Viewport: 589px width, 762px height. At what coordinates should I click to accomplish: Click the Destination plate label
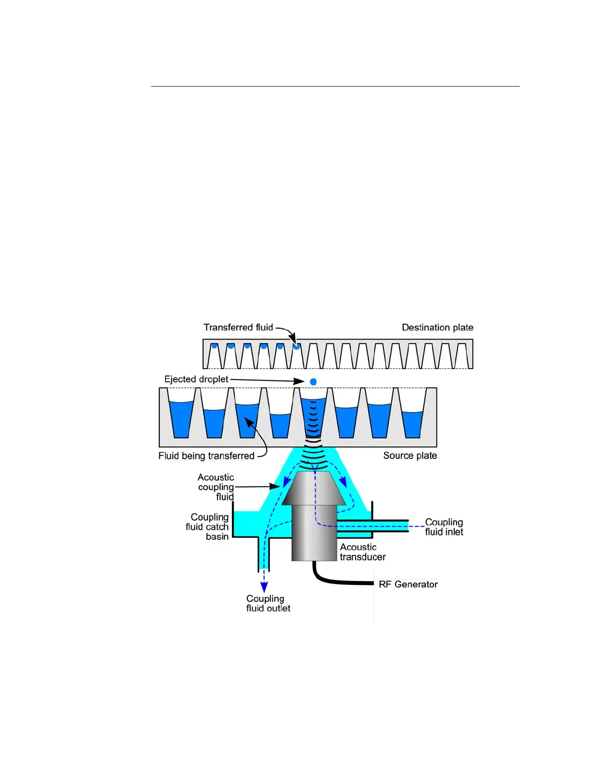click(x=437, y=328)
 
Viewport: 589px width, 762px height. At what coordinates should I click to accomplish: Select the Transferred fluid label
click(x=238, y=328)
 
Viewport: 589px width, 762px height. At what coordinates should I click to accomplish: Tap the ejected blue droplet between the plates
click(x=313, y=381)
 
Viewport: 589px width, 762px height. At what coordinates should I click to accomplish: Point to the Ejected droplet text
click(x=196, y=379)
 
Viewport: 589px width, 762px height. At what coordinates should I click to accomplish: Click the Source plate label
click(x=410, y=456)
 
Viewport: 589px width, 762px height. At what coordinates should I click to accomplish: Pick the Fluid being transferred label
click(x=206, y=456)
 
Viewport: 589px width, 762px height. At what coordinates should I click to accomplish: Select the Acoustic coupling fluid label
click(x=216, y=487)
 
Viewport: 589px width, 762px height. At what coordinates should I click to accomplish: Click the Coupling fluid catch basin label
click(x=208, y=527)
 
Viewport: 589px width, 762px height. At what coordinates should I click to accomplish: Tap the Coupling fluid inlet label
click(x=444, y=527)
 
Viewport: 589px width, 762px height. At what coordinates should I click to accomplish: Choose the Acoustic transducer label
click(x=362, y=552)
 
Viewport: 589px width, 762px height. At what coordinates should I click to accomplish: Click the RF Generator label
click(x=408, y=584)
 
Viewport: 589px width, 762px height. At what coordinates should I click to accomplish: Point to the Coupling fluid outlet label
click(x=268, y=603)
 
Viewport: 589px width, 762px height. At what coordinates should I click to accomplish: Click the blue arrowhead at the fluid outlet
click(x=264, y=586)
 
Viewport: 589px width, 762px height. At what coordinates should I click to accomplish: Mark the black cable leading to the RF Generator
click(x=337, y=582)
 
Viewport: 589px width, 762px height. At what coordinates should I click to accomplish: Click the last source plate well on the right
click(x=412, y=423)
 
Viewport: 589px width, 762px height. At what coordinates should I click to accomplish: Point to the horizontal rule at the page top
click(x=335, y=87)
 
